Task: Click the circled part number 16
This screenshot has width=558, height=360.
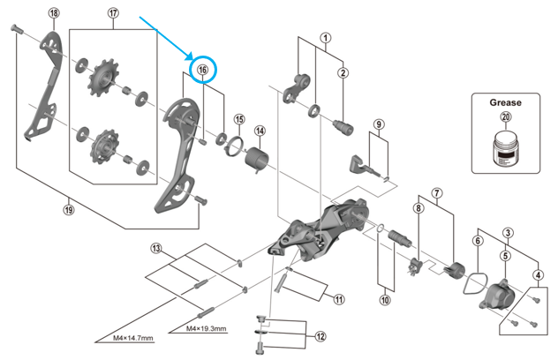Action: click(x=202, y=70)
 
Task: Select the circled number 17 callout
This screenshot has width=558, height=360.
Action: click(x=113, y=13)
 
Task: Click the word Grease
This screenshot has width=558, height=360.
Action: click(x=506, y=101)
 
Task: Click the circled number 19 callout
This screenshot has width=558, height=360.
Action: click(x=69, y=209)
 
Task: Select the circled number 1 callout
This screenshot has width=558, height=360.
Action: click(x=326, y=38)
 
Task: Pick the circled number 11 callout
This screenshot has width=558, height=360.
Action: click(x=338, y=299)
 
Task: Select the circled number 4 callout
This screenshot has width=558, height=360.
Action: click(x=538, y=274)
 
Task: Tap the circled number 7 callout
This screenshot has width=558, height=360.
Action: click(x=436, y=192)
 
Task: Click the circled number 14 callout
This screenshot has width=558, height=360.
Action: click(x=260, y=131)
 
